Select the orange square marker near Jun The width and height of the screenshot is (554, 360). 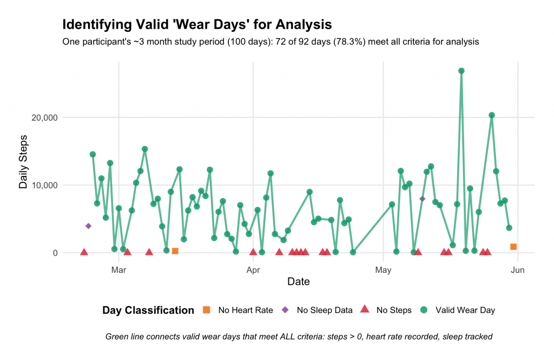(x=513, y=247)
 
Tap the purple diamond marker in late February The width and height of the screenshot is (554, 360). (x=88, y=226)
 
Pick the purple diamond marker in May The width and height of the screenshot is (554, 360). (x=423, y=199)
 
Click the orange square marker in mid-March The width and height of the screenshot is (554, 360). (x=175, y=251)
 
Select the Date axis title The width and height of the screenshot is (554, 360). (x=299, y=282)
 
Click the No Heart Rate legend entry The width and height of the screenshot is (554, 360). (x=245, y=310)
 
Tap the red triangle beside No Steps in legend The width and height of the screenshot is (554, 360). (x=365, y=310)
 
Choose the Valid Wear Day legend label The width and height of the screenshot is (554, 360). (x=465, y=310)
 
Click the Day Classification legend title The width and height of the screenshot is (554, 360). (x=148, y=310)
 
